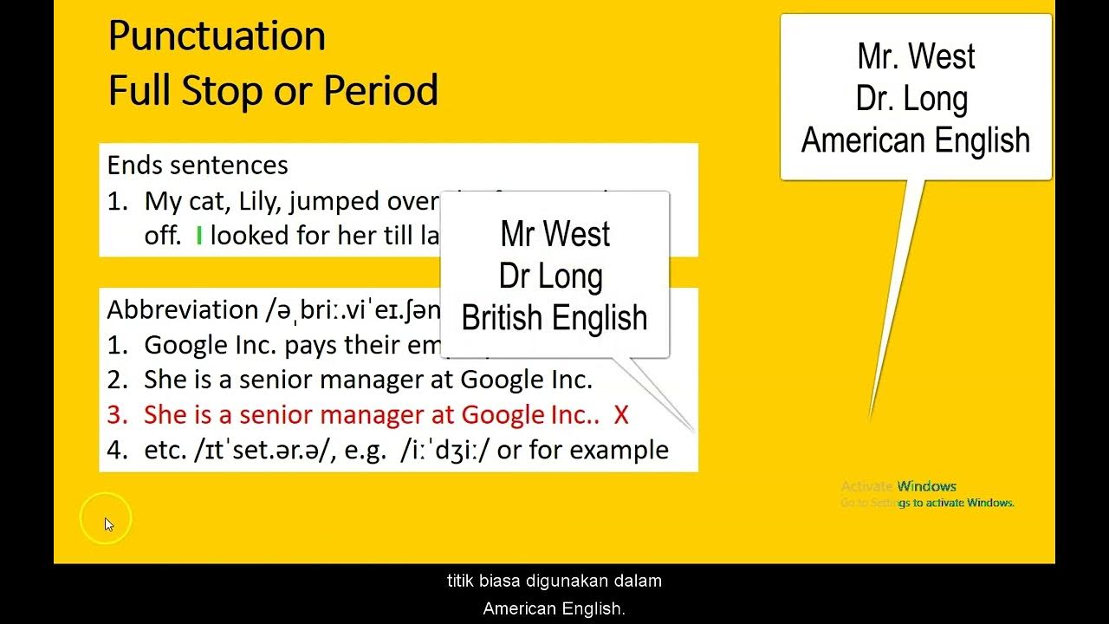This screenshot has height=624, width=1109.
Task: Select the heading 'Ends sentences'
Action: (198, 165)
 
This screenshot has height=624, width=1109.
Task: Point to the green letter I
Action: (198, 236)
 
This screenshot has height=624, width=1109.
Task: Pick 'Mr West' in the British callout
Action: (554, 234)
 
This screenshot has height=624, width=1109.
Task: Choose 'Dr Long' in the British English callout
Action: (551, 276)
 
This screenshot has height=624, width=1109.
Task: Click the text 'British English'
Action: (554, 317)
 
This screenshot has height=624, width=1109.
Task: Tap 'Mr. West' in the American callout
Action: (916, 57)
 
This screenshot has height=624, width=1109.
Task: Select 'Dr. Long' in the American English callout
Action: (911, 99)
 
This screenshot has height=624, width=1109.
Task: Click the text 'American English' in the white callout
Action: (916, 140)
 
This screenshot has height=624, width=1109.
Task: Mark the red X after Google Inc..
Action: (620, 415)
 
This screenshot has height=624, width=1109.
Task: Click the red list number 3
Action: (116, 415)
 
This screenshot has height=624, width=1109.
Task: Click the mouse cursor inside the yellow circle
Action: (108, 523)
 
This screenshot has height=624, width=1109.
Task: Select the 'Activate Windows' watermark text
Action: (898, 486)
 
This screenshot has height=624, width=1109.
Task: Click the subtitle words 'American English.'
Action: (554, 608)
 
